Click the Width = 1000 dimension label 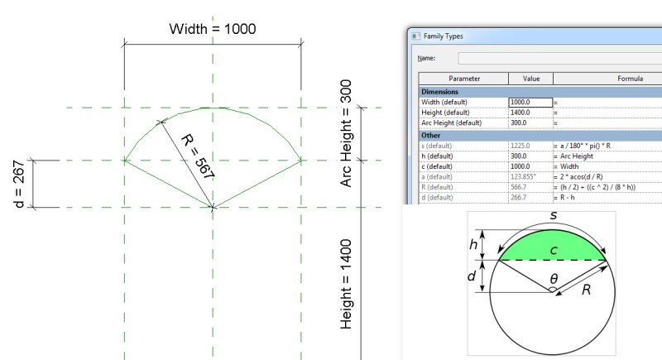tap(213, 29)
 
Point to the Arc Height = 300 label tap(348, 133)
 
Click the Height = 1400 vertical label tap(348, 284)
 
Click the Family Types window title tap(444, 36)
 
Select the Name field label tap(427, 59)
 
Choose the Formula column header tap(630, 79)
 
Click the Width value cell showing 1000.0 tap(530, 102)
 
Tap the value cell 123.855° tap(525, 176)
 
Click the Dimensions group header tap(441, 91)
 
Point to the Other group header tap(431, 134)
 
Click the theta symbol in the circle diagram tap(554, 281)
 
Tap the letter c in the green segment tap(554, 248)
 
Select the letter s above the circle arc tap(554, 216)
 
